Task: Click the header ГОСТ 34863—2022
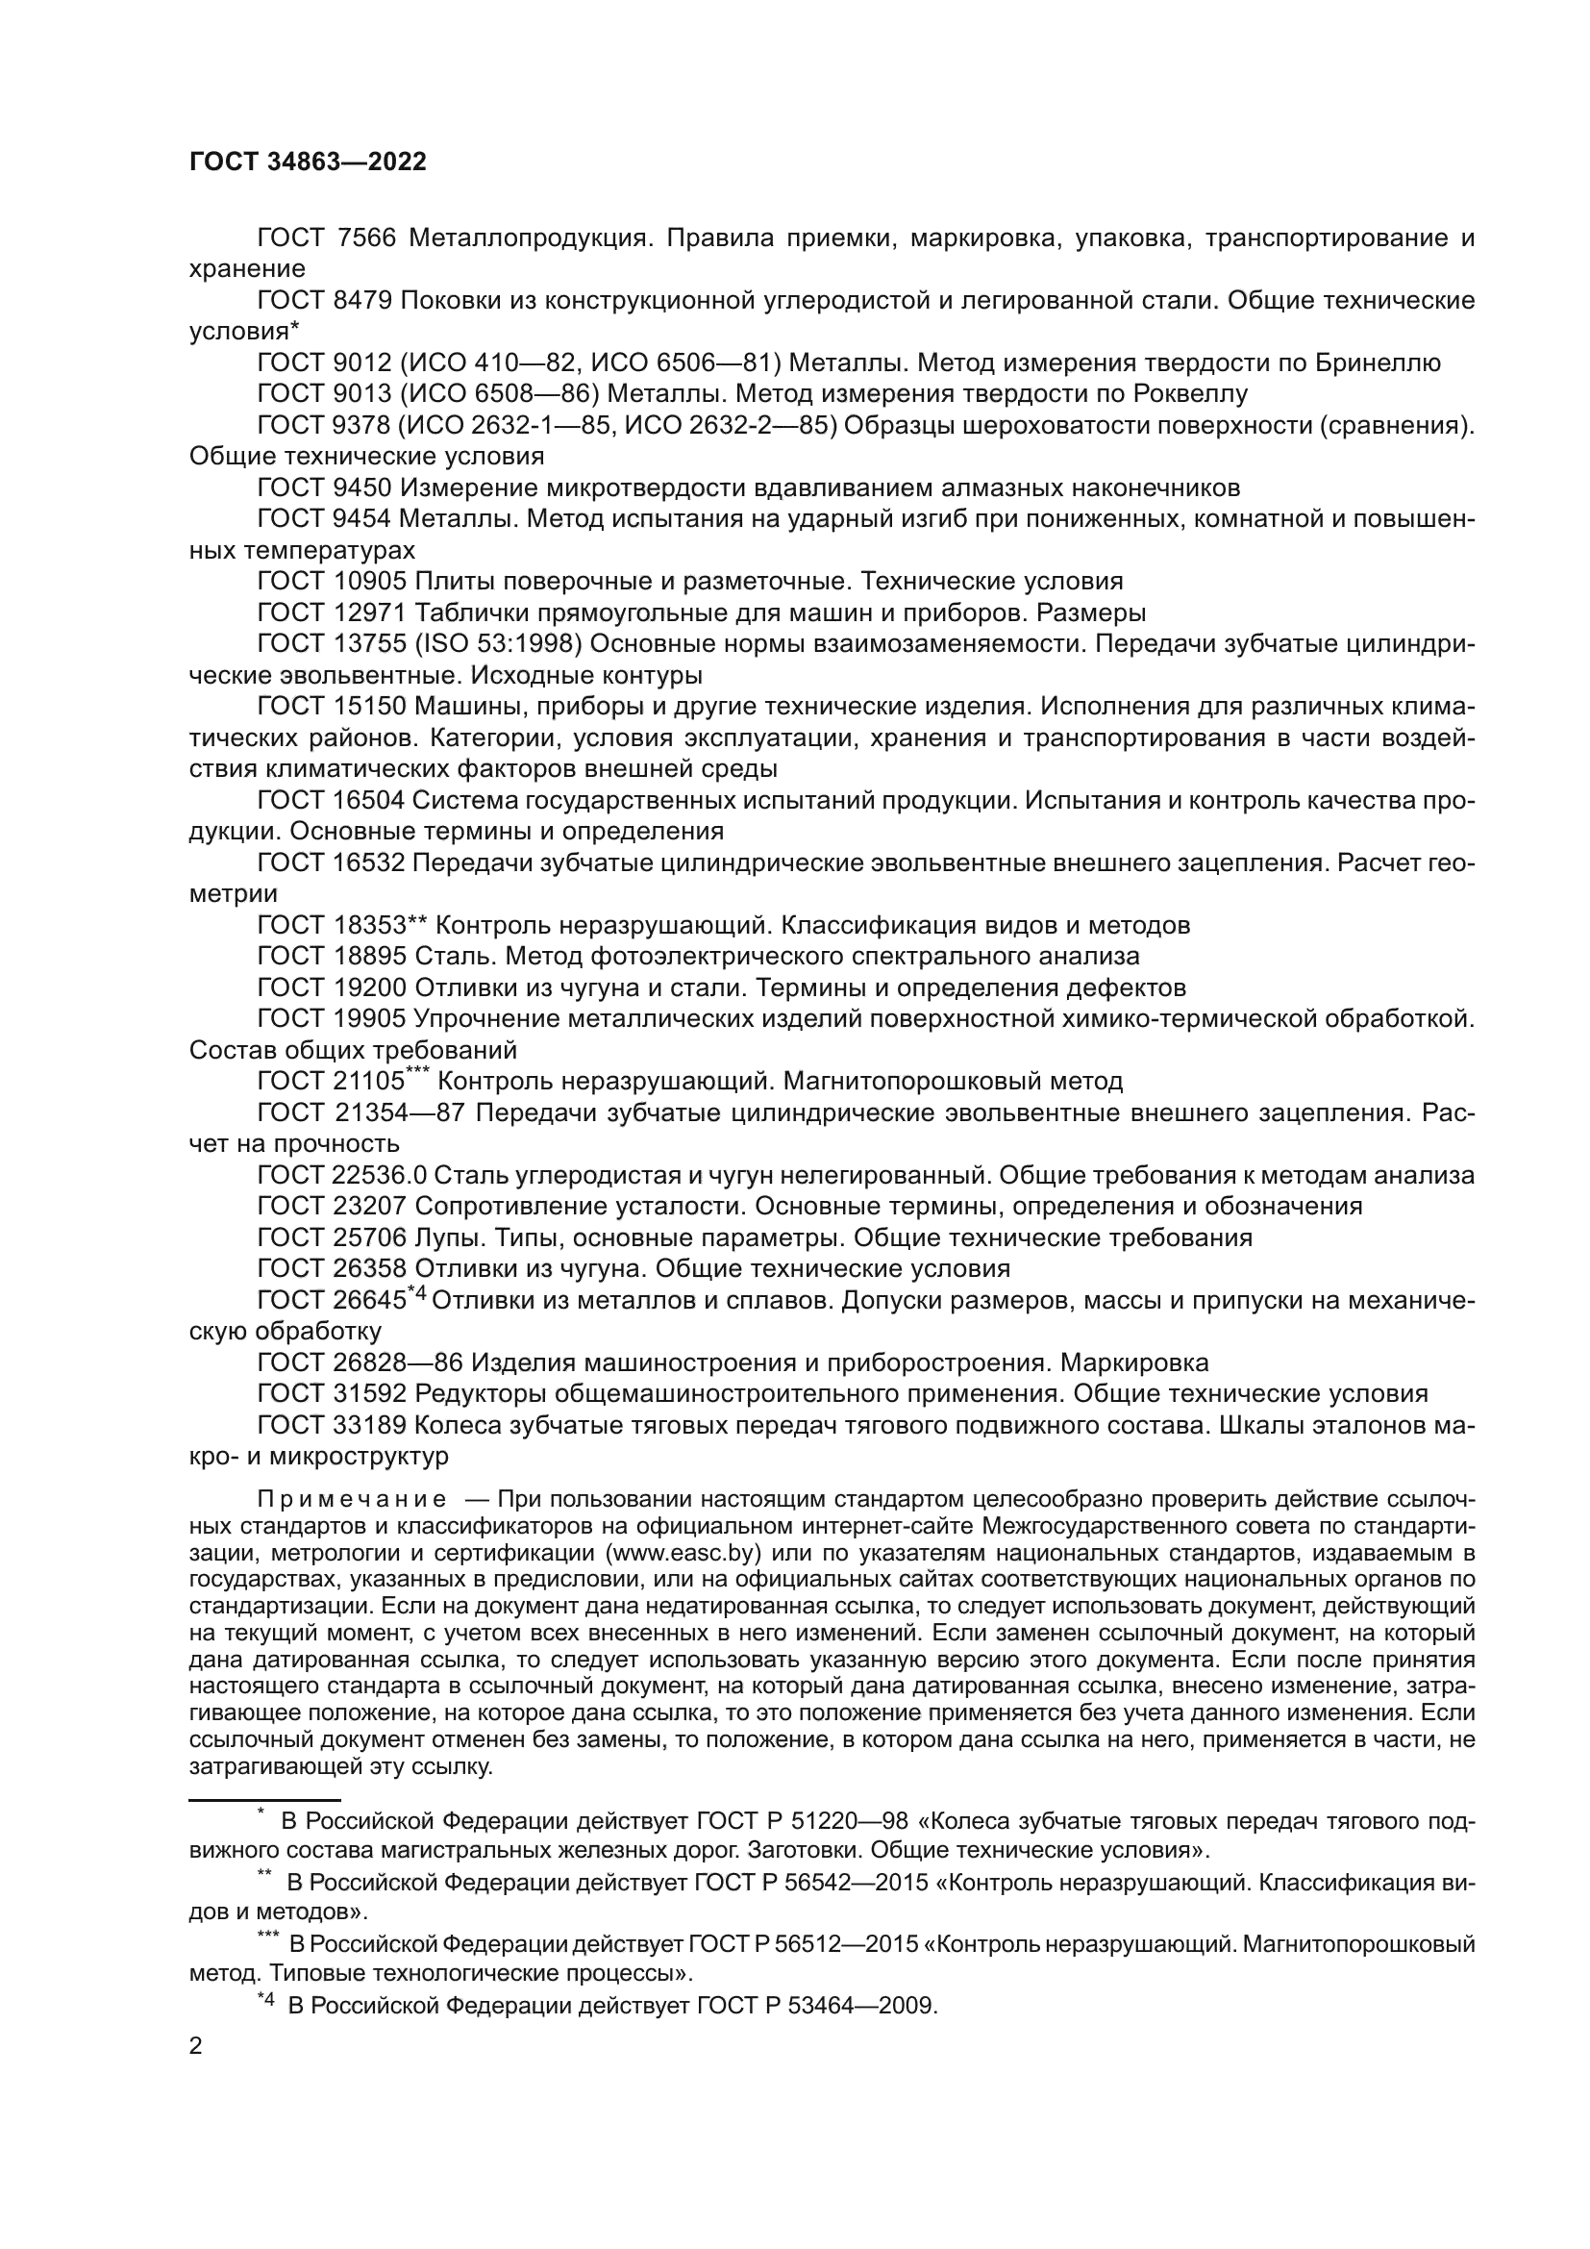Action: [308, 162]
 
